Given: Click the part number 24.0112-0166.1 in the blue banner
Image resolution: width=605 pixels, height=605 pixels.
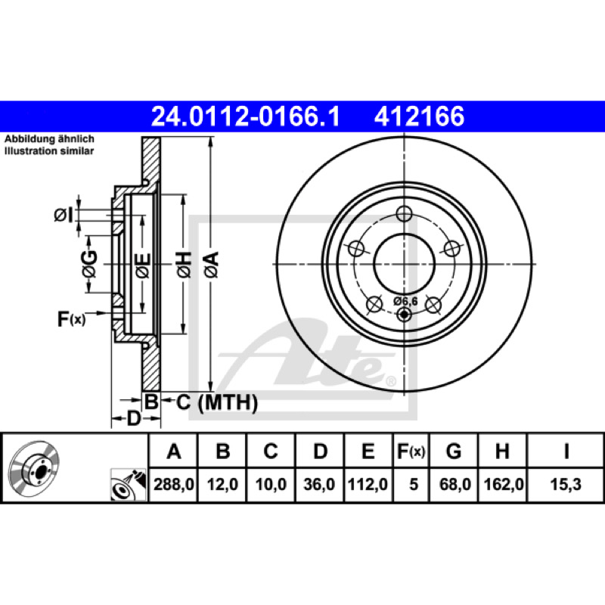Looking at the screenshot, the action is (x=245, y=116).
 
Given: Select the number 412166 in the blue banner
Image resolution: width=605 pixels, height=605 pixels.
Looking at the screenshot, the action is (x=419, y=116).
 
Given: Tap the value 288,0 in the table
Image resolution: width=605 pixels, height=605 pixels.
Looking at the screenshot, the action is (x=174, y=484).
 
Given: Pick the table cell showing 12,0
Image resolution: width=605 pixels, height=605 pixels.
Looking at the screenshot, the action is (x=222, y=484).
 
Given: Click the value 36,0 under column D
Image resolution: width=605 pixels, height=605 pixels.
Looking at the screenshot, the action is (x=319, y=484).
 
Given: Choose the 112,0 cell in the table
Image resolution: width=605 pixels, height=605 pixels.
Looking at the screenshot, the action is (x=368, y=484).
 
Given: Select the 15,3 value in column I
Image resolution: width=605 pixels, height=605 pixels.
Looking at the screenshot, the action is (x=566, y=484).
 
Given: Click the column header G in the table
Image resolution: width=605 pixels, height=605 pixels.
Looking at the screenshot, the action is (x=454, y=451).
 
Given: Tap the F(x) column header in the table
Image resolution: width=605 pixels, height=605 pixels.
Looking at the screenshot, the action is (x=411, y=451).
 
